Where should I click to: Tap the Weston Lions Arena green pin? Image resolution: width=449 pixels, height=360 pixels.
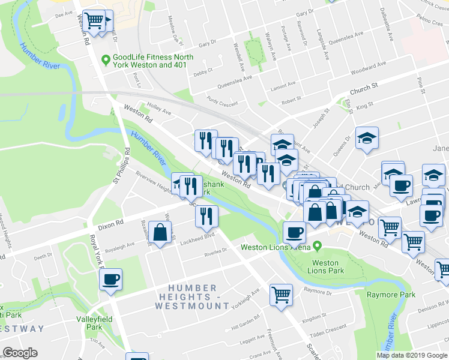coord(317,247)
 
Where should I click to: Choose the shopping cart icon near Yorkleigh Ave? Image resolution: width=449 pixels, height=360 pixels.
coord(281,294)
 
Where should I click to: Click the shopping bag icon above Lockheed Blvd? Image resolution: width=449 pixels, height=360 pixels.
coord(160,233)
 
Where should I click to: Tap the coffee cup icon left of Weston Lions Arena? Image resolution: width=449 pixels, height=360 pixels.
coord(294,232)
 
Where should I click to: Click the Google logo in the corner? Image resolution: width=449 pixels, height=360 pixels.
coord(20,353)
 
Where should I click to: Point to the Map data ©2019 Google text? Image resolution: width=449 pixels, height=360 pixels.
coord(412,355)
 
